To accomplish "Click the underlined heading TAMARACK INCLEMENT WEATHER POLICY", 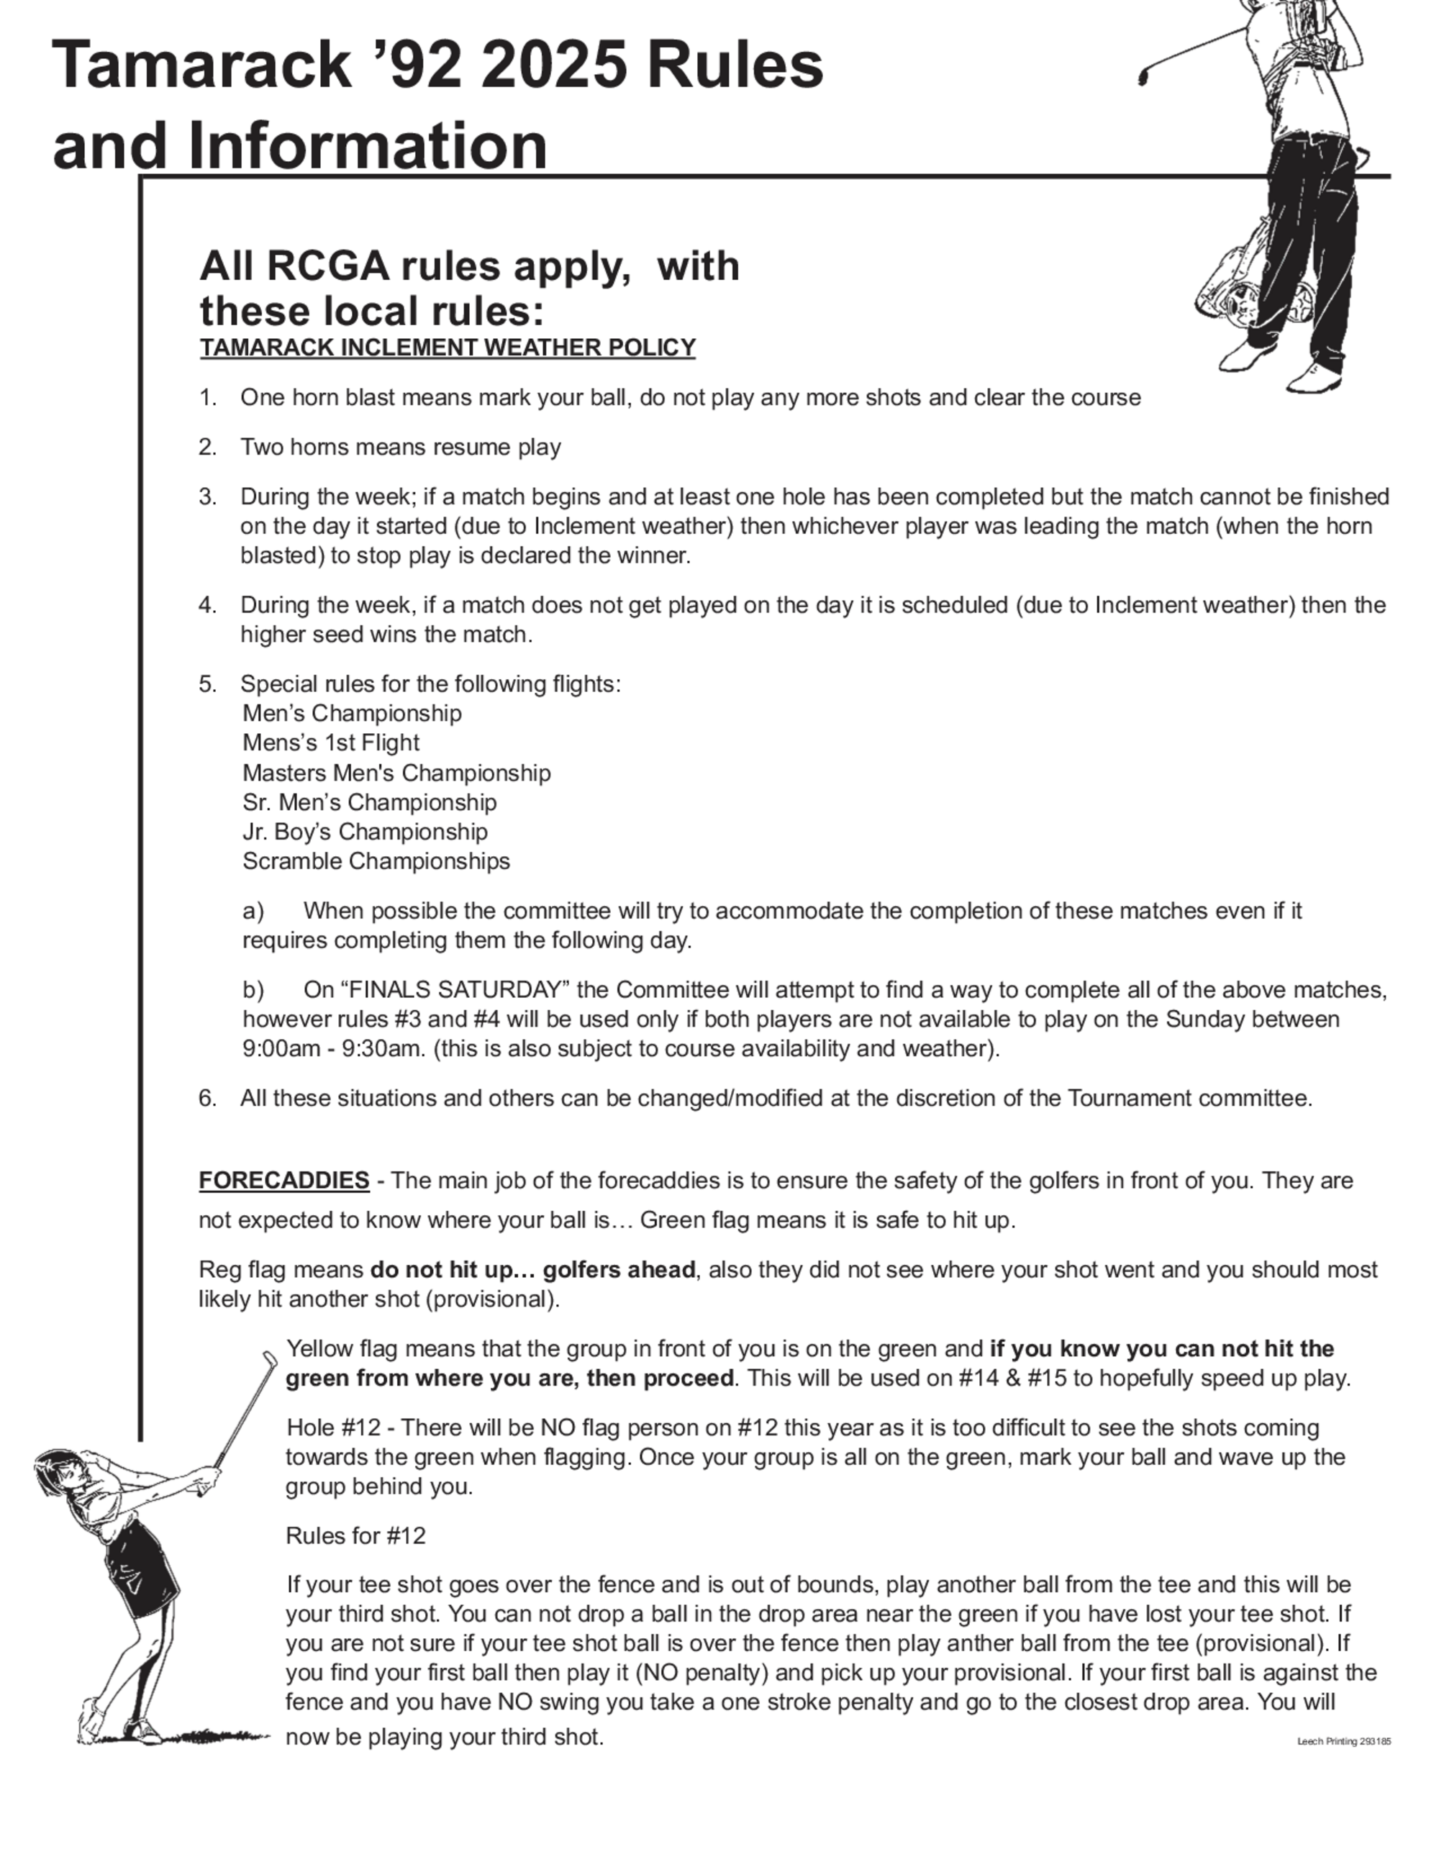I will [x=448, y=348].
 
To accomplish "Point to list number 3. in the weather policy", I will [x=207, y=496].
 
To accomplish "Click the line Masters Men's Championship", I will [x=396, y=773].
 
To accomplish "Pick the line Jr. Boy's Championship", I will [x=365, y=832].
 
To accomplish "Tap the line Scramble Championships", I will [x=376, y=861].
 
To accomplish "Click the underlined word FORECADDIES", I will [x=284, y=1181].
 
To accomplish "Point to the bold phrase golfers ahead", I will [x=619, y=1271].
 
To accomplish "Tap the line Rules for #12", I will [x=355, y=1535].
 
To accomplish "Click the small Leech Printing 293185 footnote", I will [x=1343, y=1741].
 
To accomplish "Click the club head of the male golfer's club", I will [x=1143, y=78].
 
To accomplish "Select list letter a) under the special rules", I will [x=253, y=912].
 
